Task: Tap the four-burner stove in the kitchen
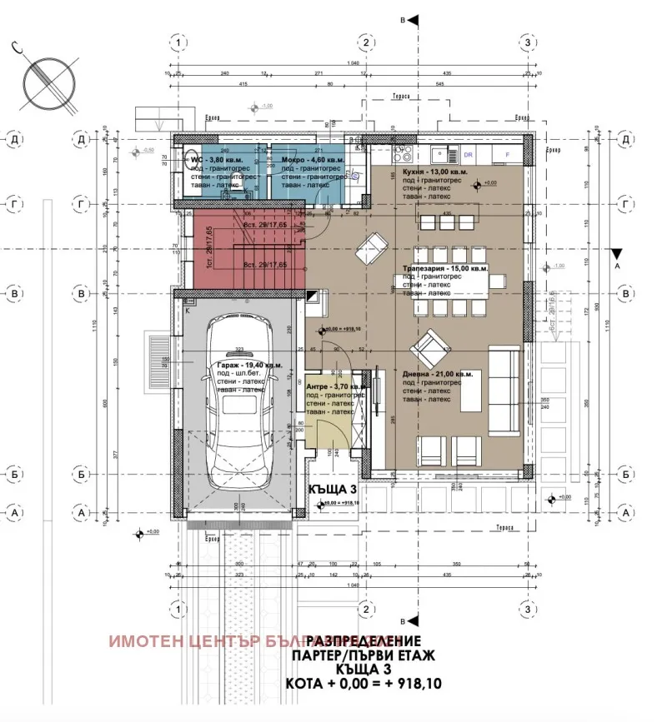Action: [x=402, y=154]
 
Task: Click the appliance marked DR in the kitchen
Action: [x=469, y=155]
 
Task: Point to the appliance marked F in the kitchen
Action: [x=505, y=155]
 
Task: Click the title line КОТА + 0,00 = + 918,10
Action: [x=364, y=685]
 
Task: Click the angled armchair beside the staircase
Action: [x=371, y=247]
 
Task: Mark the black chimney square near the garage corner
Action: [x=312, y=295]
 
